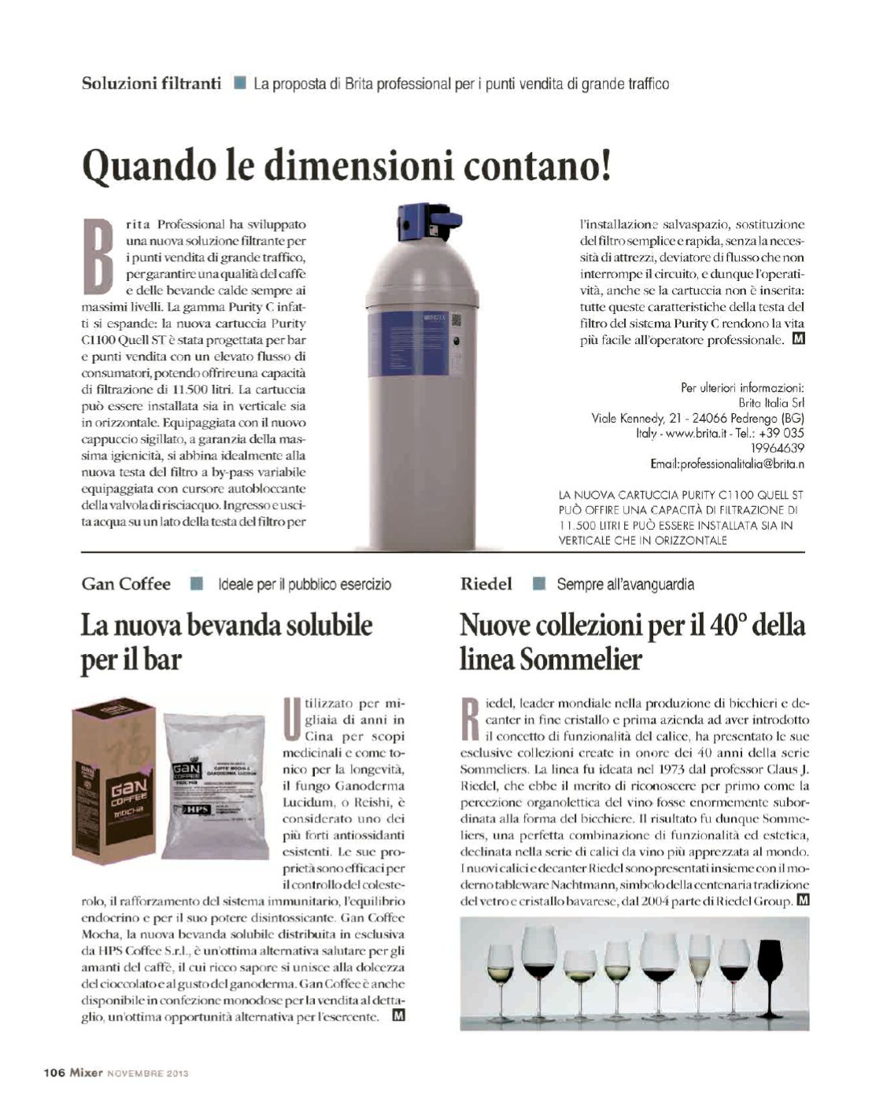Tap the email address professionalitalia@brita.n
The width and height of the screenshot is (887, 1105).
coord(726,464)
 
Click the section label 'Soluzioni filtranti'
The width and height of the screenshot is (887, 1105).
coord(151,83)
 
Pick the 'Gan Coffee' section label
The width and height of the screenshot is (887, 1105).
coord(126,584)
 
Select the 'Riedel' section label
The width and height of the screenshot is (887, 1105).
coord(486,584)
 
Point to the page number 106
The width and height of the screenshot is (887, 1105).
coord(54,1072)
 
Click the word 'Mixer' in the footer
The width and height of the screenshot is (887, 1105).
coord(86,1072)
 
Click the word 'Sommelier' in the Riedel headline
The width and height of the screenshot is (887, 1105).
coord(581,660)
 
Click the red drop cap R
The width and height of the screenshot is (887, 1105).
coord(470,717)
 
